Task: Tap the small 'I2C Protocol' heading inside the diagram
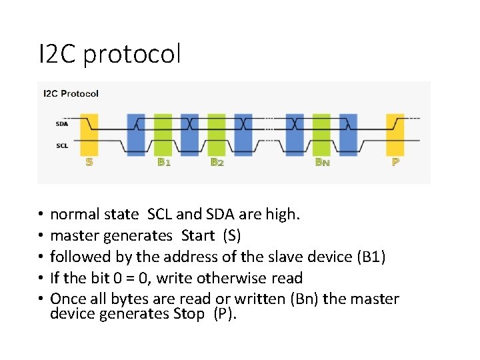tap(71, 93)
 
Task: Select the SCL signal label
tap(61, 145)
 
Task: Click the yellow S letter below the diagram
tap(89, 162)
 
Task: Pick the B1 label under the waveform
tap(163, 162)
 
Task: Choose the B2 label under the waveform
tap(217, 162)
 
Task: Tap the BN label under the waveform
tap(323, 162)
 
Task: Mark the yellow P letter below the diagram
tap(396, 162)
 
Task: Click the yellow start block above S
tap(89, 133)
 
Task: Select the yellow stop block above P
tap(395, 133)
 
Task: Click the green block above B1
tap(163, 133)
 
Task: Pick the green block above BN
tap(322, 133)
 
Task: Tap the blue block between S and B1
tap(135, 133)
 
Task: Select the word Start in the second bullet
tap(198, 236)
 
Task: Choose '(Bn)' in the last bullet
tap(305, 299)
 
